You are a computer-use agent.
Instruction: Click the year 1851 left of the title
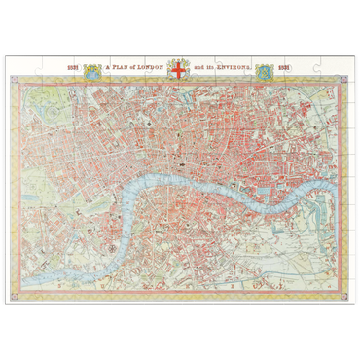point(73,69)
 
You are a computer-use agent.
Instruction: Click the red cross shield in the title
point(178,70)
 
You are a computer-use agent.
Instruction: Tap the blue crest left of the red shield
point(92,70)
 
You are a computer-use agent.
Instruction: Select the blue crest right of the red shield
point(264,70)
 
